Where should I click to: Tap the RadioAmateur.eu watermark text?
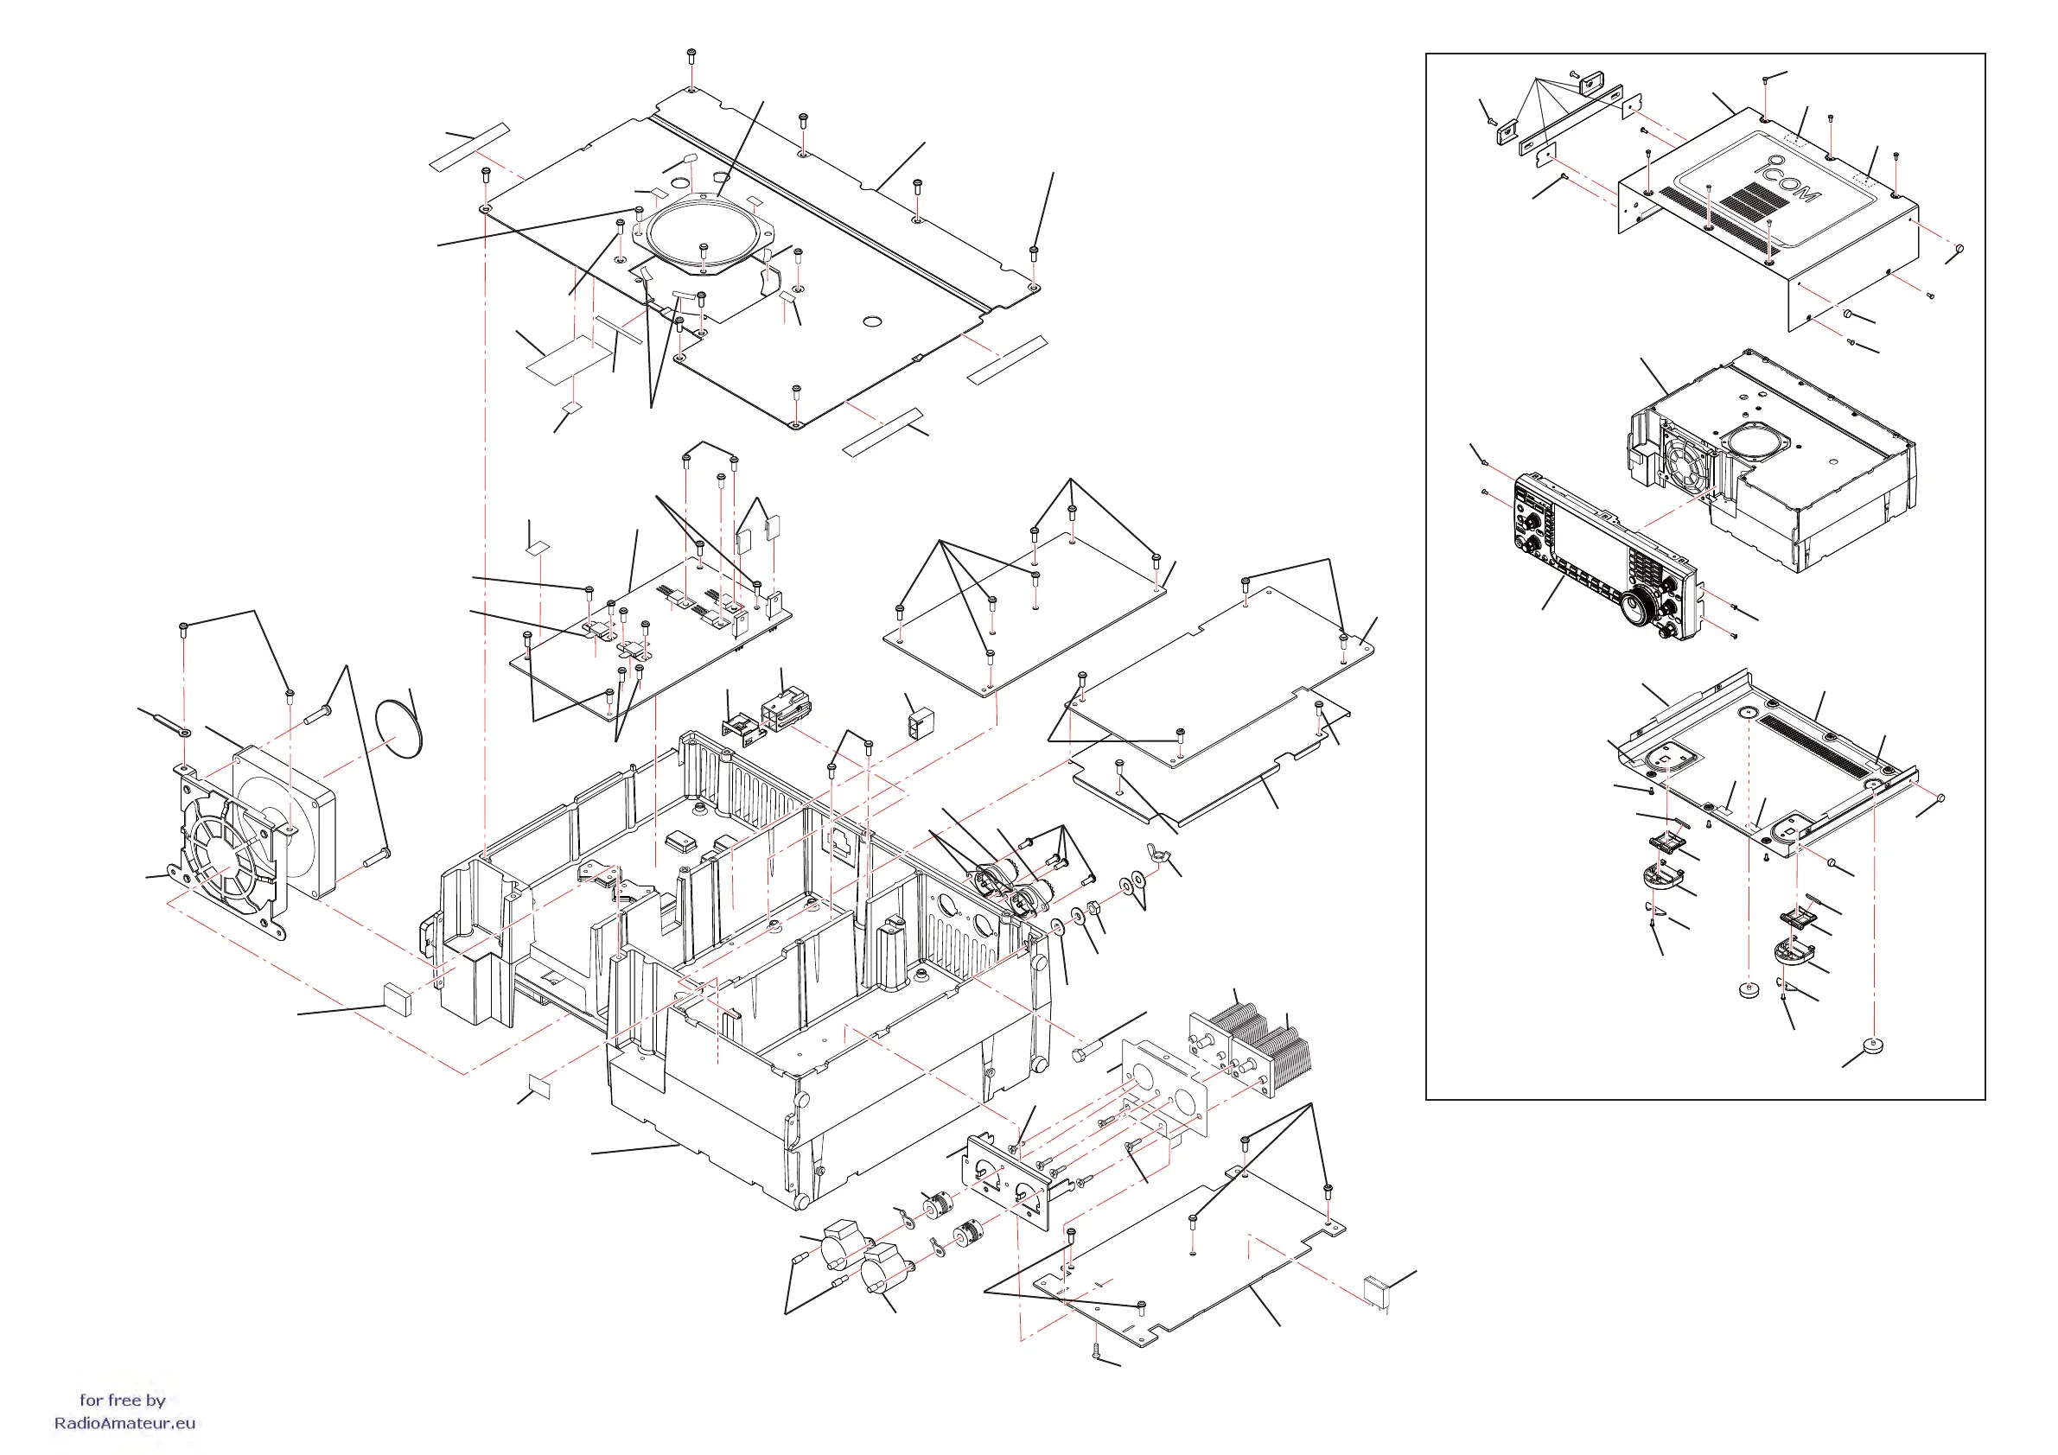(124, 1423)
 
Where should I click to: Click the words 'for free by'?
(123, 1400)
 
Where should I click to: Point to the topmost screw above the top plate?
(691, 55)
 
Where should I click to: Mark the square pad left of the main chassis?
(397, 998)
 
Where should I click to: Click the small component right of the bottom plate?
(1375, 1291)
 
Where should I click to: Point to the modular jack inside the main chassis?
(843, 844)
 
